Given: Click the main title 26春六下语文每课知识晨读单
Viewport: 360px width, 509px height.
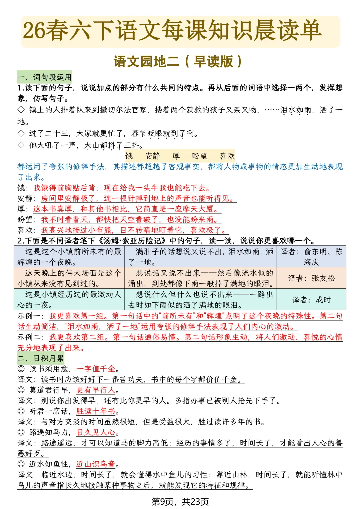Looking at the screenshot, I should pyautogui.click(x=172, y=31).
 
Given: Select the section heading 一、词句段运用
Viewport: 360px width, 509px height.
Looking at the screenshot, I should pyautogui.click(x=45, y=77).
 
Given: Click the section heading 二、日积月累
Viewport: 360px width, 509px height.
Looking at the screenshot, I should pyautogui.click(x=41, y=358).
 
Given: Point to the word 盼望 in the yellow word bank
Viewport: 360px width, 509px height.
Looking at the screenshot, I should pyautogui.click(x=199, y=156).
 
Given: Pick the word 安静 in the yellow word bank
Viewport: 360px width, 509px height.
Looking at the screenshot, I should pyautogui.click(x=152, y=156).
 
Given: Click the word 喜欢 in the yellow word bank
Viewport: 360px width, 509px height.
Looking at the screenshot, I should pyautogui.click(x=227, y=156).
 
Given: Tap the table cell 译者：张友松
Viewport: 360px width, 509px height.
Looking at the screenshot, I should pyautogui.click(x=311, y=278).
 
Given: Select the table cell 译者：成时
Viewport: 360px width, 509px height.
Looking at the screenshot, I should pyautogui.click(x=311, y=300).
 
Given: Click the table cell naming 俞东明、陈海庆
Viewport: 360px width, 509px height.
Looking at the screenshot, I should pyautogui.click(x=311, y=257).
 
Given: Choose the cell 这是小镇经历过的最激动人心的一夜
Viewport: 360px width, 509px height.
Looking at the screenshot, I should pyautogui.click(x=69, y=300).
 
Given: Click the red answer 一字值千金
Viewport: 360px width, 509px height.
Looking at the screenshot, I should pyautogui.click(x=96, y=369).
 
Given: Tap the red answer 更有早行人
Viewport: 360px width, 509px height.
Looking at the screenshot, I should pyautogui.click(x=96, y=390).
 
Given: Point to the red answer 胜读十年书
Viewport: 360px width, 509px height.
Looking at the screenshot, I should pyautogui.click(x=96, y=411).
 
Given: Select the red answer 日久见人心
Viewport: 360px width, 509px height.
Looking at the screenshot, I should pyautogui.click(x=96, y=432).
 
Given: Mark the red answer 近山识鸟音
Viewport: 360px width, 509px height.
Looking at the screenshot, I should pyautogui.click(x=96, y=464).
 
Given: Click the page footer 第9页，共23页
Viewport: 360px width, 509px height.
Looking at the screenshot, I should pyautogui.click(x=180, y=501).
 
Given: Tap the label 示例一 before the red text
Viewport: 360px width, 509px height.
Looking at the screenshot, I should pyautogui.click(x=30, y=316).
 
